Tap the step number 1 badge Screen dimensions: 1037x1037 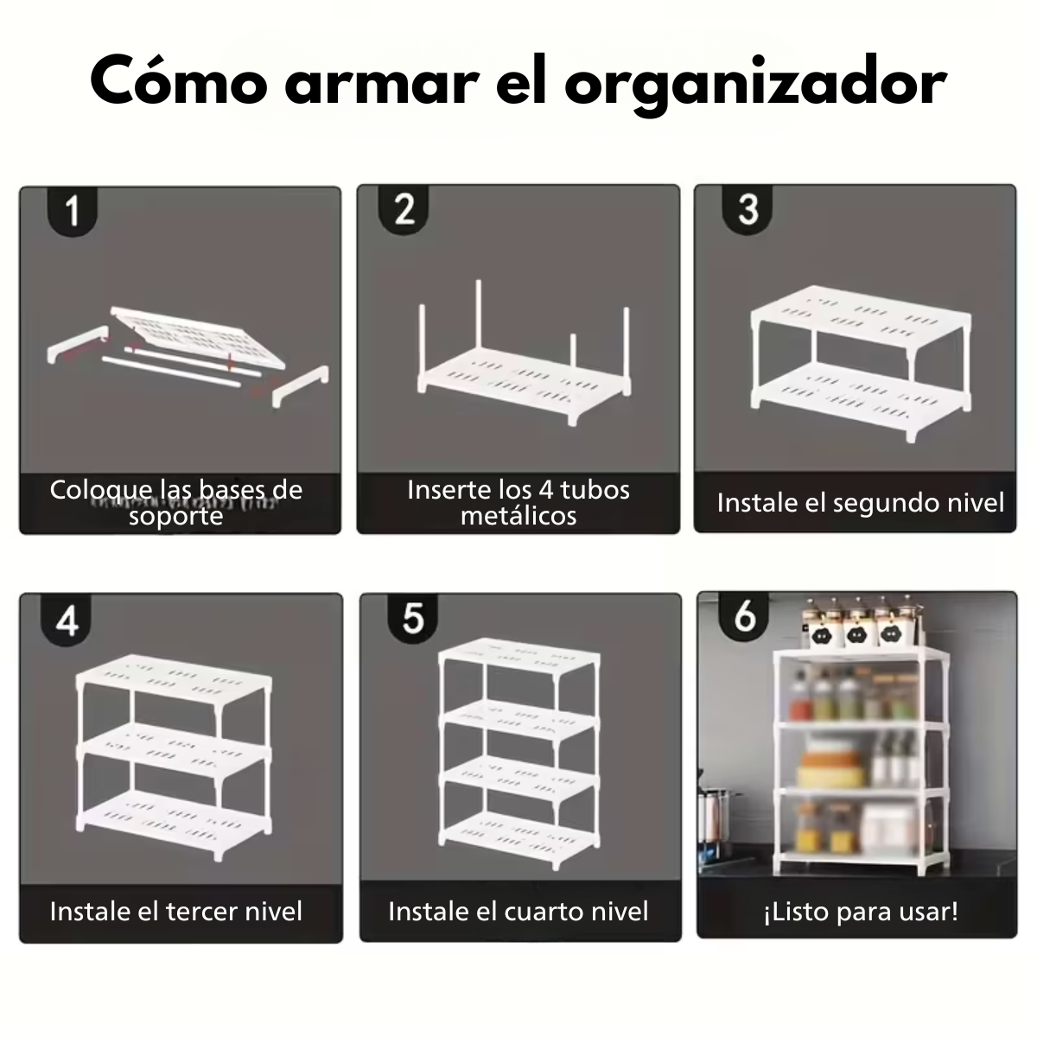point(73,210)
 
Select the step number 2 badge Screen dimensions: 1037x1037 point(404,209)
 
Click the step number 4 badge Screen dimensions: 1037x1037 point(67,620)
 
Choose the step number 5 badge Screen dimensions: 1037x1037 point(413,618)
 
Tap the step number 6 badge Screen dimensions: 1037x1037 point(744,616)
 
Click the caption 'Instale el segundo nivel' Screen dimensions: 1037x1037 point(860,502)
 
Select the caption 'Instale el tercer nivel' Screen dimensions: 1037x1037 point(176,911)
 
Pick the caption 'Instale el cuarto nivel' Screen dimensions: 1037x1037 point(518,911)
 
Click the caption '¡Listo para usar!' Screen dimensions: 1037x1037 point(860,911)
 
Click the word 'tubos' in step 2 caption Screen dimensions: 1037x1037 point(595,490)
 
